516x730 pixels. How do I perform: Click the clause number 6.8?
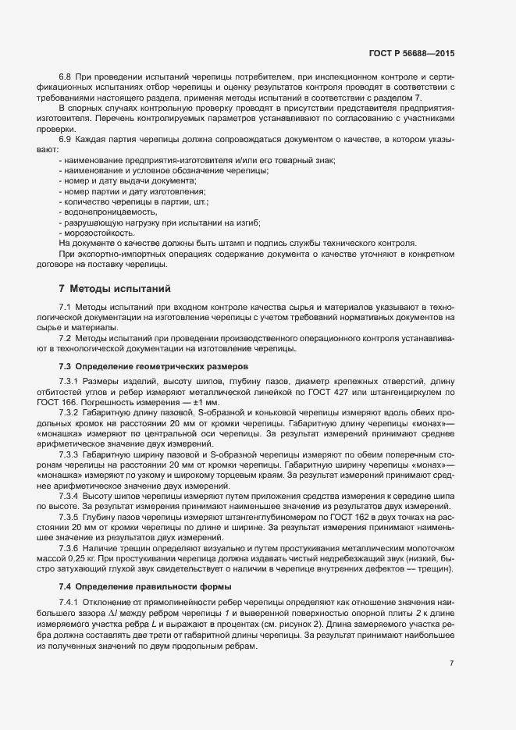coord(65,77)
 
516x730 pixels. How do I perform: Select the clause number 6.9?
coord(65,138)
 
